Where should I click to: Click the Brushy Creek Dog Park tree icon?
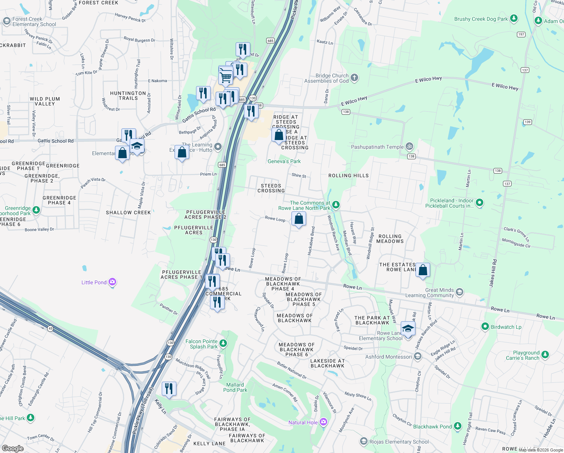(513, 18)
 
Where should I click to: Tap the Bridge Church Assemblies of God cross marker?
(354, 78)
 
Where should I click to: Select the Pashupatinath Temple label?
(377, 147)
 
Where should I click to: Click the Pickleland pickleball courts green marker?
(480, 203)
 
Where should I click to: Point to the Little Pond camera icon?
(112, 282)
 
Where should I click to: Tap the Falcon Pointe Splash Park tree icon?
(223, 343)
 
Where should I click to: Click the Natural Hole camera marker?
(323, 422)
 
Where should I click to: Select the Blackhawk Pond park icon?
(458, 426)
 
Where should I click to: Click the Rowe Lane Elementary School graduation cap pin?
(408, 328)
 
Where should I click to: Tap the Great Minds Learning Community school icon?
(459, 292)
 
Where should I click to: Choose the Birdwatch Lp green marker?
(485, 327)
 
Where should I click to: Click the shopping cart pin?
(225, 77)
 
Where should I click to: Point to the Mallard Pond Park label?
(235, 387)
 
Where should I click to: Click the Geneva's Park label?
(284, 161)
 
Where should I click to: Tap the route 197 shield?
(521, 34)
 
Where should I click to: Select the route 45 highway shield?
(51, 328)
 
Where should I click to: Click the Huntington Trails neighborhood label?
(128, 96)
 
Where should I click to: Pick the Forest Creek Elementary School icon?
(6, 22)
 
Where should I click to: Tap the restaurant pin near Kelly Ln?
(169, 388)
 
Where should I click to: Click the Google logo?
(13, 448)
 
